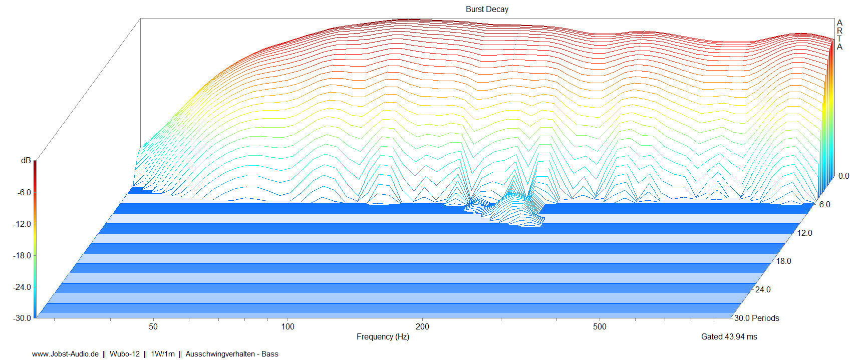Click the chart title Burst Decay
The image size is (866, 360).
(486, 9)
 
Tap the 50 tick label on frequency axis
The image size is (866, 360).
(153, 326)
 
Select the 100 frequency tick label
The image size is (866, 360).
(287, 326)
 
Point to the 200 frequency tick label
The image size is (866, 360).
(422, 326)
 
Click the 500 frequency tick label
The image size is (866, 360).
(600, 326)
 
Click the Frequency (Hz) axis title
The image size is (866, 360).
(383, 336)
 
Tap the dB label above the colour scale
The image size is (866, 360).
(26, 160)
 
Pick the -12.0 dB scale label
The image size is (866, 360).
(22, 224)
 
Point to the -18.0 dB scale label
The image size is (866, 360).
(22, 255)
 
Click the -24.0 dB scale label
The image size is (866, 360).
(22, 287)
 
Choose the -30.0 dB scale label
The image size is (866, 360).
(22, 318)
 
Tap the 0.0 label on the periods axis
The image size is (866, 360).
(843, 176)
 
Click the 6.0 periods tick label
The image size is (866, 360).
(824, 204)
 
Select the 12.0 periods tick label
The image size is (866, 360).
(804, 233)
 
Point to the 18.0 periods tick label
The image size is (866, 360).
(783, 261)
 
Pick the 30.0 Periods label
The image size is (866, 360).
(756, 318)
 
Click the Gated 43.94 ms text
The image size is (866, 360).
(729, 336)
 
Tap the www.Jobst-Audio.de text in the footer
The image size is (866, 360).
(65, 354)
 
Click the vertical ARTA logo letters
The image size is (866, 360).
(839, 35)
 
